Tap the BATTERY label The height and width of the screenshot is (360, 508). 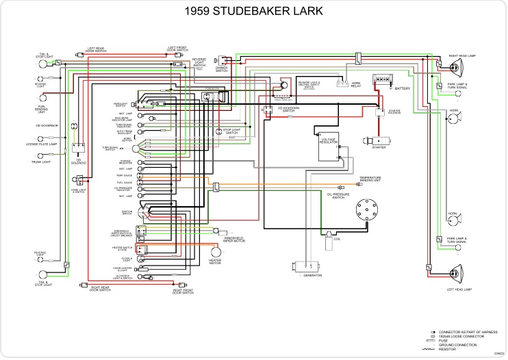point(403,88)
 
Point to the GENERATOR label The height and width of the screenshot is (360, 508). point(313,275)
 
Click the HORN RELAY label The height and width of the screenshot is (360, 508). point(356,86)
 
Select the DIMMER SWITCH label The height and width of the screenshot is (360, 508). point(223,68)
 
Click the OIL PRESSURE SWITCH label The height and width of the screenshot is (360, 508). point(340,196)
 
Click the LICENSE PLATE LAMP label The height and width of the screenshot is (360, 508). point(41,145)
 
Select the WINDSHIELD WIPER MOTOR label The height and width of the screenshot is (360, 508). point(234,240)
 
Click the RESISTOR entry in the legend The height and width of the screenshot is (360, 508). point(448,349)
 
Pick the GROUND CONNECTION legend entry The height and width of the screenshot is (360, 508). point(455,345)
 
